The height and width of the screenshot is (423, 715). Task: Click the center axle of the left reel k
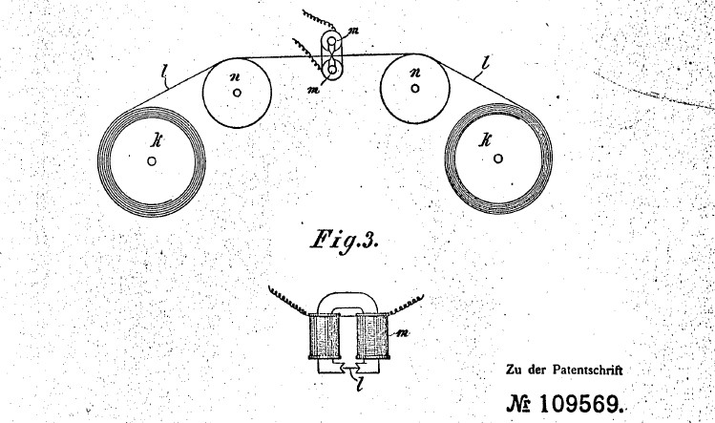coord(152,161)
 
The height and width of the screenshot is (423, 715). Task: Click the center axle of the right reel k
coord(498,159)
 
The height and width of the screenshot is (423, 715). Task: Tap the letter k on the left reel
coord(158,141)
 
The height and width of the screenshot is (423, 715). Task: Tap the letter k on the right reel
coord(484,140)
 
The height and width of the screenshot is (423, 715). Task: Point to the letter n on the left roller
coord(236,76)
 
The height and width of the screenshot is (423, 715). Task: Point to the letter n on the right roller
coord(415,73)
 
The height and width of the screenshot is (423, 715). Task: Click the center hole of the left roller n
coord(237,93)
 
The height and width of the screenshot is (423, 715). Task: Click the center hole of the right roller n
coord(415,88)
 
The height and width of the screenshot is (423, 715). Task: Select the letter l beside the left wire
coord(165,74)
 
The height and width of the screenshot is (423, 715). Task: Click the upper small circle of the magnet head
coord(332,41)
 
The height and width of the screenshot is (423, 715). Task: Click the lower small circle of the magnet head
coord(332,71)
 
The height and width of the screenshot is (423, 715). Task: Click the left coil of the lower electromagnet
coord(324,336)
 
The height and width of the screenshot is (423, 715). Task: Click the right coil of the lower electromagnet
coord(372,336)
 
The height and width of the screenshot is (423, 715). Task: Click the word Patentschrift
coord(588,370)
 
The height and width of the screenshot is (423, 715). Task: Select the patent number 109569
coord(581,404)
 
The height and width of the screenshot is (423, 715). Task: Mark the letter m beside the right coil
coord(403,332)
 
